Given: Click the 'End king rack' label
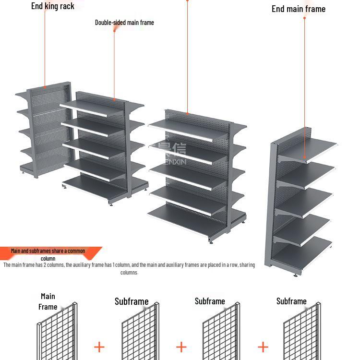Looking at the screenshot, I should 53,6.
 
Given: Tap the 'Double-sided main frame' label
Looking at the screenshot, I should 124,23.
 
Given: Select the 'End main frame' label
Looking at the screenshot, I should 298,9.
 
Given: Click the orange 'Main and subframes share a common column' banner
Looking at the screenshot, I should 48,252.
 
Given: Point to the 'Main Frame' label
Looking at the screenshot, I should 48,301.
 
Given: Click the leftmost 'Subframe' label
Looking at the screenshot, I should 132,301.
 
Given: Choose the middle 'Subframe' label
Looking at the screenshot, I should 210,301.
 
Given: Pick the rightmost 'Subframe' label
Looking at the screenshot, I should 291,301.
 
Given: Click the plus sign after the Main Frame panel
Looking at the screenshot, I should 99,347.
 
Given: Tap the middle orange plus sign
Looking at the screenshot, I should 181,347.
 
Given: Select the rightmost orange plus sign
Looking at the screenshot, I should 263,347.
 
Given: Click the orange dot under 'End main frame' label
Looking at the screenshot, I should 304,18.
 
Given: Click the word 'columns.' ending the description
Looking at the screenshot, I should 129,273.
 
